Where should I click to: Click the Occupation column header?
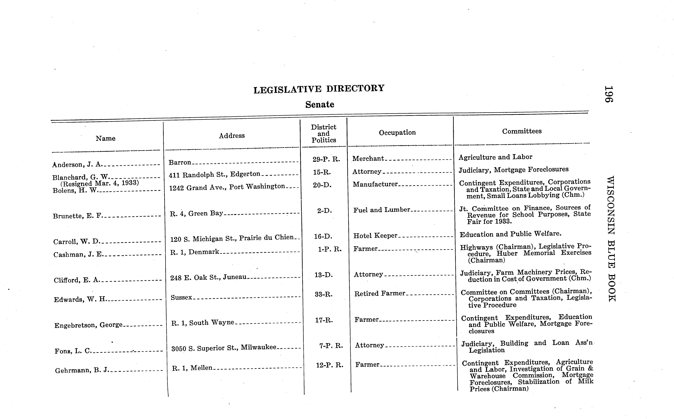tap(397, 132)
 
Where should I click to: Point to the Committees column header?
tap(522, 131)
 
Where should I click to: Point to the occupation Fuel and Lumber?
tap(382, 210)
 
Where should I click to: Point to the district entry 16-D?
tap(323, 236)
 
